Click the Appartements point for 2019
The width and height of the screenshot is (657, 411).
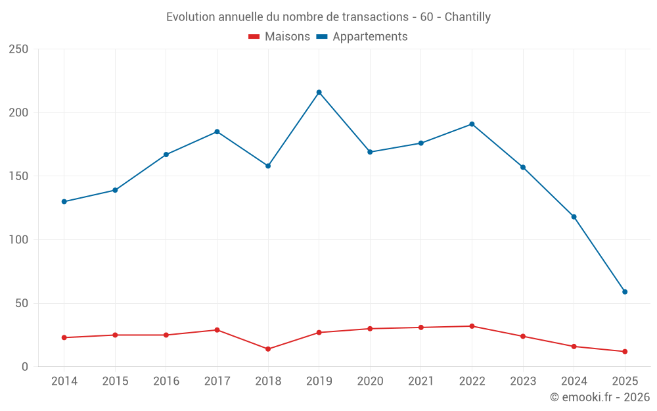(319, 92)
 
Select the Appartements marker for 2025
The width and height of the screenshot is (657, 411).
(625, 292)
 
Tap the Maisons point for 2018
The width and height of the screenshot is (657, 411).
(268, 349)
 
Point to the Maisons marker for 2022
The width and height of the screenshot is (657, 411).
(472, 326)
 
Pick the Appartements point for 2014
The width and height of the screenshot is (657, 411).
(64, 202)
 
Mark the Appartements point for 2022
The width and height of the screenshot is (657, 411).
(472, 124)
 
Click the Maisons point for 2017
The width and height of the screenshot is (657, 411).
(217, 330)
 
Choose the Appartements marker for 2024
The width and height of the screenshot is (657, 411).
(574, 217)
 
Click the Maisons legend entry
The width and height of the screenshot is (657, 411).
(279, 37)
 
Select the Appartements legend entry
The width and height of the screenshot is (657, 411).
(362, 37)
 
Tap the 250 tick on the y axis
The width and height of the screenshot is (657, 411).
(18, 49)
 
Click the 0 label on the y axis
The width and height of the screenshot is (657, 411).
(25, 367)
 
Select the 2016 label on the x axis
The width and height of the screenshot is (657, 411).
(166, 381)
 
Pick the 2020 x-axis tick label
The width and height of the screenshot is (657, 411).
(370, 381)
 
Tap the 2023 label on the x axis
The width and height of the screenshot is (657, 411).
(523, 381)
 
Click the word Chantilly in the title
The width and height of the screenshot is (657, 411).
(467, 17)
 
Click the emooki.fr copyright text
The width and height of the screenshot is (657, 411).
(600, 397)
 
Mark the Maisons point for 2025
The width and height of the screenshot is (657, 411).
(625, 352)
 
